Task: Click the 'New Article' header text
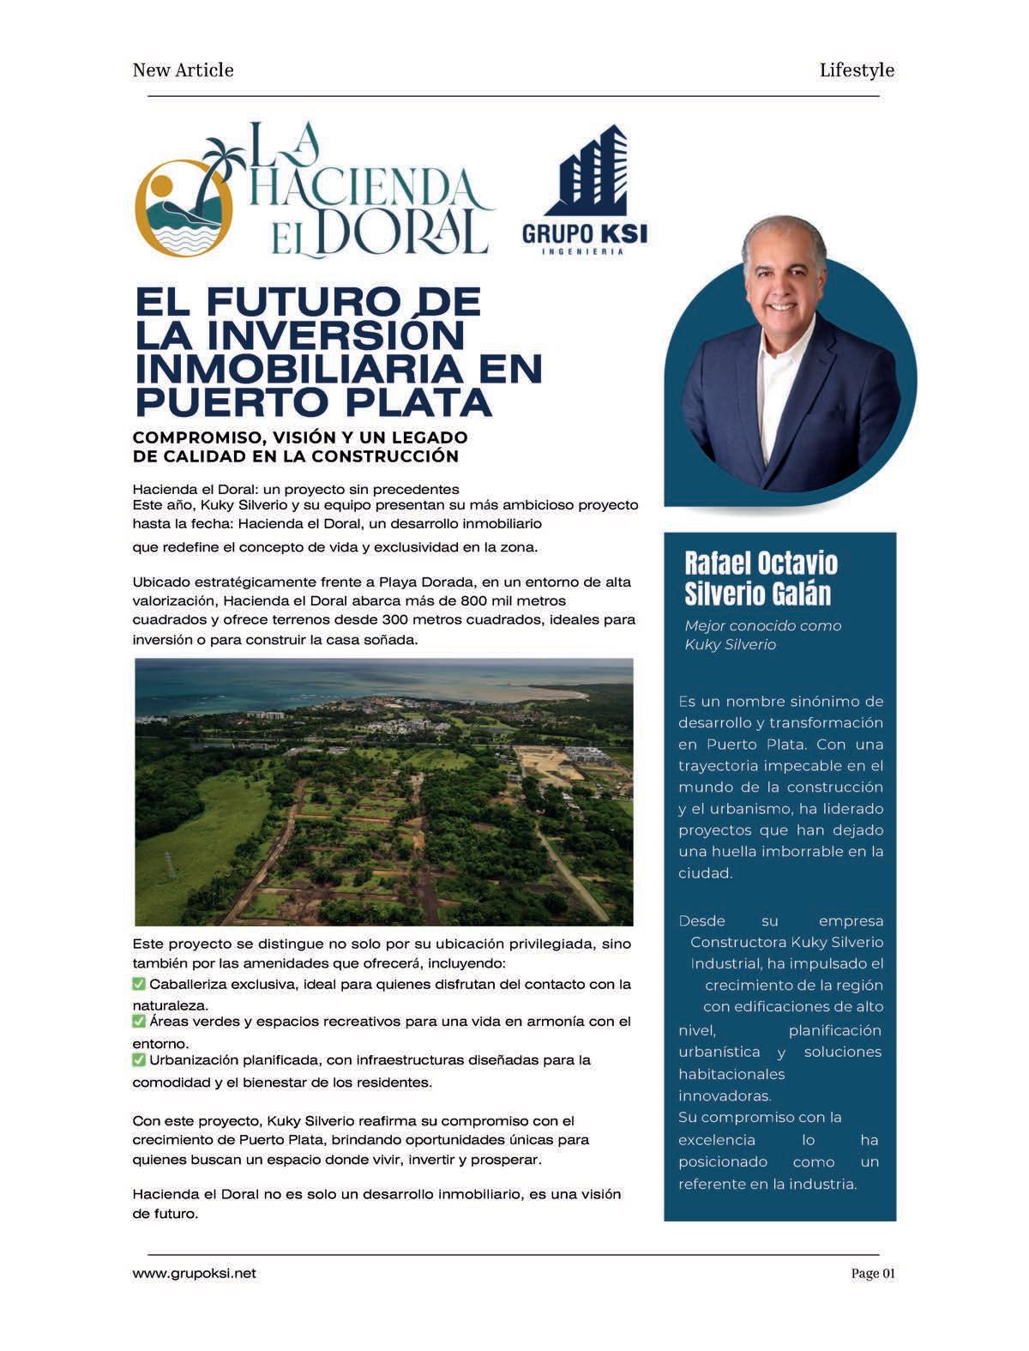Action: [183, 70]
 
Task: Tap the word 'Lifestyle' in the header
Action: [856, 70]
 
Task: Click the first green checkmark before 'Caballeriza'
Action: [139, 984]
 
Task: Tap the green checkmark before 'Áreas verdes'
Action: [139, 1022]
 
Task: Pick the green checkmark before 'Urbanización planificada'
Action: [139, 1060]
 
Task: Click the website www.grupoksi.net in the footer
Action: [194, 1274]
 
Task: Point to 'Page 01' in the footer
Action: [872, 1274]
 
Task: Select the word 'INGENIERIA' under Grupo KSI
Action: [584, 251]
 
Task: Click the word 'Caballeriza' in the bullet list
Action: [186, 984]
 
